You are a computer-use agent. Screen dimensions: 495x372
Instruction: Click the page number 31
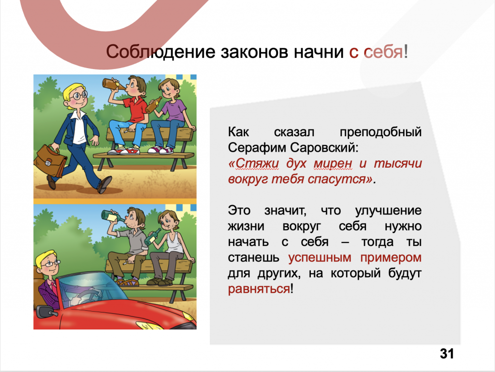pos(447,354)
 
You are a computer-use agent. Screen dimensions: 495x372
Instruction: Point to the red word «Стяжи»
pos(253,163)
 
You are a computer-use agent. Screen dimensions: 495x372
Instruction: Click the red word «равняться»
pos(259,289)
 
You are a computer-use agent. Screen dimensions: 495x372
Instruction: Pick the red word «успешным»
pos(320,258)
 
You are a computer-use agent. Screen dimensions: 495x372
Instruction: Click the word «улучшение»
pos(388,211)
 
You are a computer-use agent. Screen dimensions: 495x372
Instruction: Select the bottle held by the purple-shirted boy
pos(153,105)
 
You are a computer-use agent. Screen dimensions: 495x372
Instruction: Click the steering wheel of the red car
pos(88,297)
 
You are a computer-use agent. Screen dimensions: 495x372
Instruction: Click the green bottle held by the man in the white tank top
pos(152,237)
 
